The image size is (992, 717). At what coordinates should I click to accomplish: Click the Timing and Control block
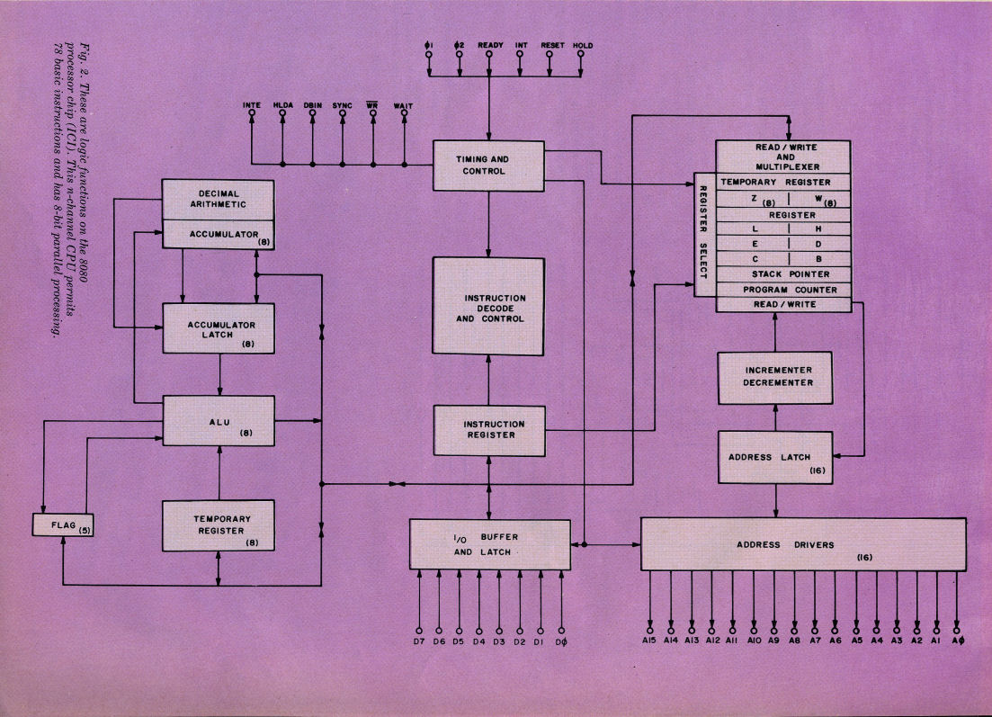coord(487,166)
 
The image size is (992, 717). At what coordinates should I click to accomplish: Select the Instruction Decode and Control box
coord(488,307)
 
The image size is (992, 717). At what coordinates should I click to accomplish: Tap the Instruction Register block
coord(489,430)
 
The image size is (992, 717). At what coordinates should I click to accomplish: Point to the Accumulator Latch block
coord(218,328)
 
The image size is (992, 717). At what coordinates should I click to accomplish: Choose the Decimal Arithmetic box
coord(218,199)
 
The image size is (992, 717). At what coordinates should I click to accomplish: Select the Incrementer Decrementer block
coord(774,377)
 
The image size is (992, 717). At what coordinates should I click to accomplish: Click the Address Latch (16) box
coord(774,458)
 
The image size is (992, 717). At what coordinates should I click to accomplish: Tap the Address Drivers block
coord(802,544)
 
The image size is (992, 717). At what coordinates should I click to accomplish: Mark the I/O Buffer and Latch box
coord(489,544)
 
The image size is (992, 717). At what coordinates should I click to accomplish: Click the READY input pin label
coord(490,45)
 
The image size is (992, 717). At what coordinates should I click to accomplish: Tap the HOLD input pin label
coord(582,45)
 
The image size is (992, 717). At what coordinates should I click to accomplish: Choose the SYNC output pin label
coord(343,105)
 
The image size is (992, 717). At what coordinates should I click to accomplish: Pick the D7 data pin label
coord(419,641)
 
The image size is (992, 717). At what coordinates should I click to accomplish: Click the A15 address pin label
coord(649,641)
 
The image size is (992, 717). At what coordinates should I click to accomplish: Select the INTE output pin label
coord(252,105)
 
